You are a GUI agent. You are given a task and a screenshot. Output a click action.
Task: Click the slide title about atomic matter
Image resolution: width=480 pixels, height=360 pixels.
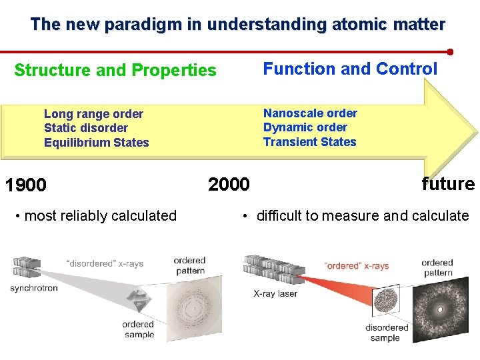pyautogui.click(x=237, y=25)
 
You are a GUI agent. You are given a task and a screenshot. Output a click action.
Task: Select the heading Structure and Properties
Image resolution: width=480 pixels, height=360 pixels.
pyautogui.click(x=115, y=70)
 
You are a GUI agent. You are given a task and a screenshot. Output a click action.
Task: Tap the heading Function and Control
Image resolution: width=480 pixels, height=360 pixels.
pyautogui.click(x=350, y=69)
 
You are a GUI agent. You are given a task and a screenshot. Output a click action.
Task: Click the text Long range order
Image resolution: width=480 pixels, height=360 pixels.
pyautogui.click(x=93, y=114)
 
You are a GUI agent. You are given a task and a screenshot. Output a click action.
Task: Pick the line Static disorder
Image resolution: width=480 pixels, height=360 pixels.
pyautogui.click(x=85, y=128)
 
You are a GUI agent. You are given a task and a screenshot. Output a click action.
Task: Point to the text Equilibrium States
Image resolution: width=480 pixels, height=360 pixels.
pyautogui.click(x=96, y=143)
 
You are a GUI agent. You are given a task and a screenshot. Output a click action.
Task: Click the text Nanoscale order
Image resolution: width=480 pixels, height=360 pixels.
pyautogui.click(x=310, y=113)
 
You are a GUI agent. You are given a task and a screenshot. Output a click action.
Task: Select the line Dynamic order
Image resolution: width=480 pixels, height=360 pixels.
pyautogui.click(x=305, y=127)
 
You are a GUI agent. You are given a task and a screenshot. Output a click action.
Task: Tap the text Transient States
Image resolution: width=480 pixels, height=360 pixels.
pyautogui.click(x=309, y=142)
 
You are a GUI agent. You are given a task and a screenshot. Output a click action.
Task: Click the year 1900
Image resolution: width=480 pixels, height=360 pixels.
pyautogui.click(x=25, y=185)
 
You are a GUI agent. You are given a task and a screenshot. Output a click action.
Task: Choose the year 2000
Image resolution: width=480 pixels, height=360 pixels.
pyautogui.click(x=229, y=184)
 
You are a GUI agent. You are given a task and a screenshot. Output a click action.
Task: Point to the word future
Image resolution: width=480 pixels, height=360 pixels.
pyautogui.click(x=448, y=184)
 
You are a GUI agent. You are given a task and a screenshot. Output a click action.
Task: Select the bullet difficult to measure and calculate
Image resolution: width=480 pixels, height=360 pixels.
pyautogui.click(x=356, y=215)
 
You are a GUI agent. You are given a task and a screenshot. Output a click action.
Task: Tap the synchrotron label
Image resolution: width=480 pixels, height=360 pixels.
pyautogui.click(x=34, y=289)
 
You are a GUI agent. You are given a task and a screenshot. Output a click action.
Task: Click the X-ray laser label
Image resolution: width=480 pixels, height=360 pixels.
pyautogui.click(x=275, y=293)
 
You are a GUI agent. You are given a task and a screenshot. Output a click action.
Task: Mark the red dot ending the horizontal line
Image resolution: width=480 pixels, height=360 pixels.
pyautogui.click(x=450, y=51)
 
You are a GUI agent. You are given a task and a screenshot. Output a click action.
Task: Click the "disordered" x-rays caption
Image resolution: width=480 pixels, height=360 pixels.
pyautogui.click(x=105, y=264)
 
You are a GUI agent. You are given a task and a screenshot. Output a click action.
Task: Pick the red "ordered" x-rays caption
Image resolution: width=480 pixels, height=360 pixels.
pyautogui.click(x=356, y=266)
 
